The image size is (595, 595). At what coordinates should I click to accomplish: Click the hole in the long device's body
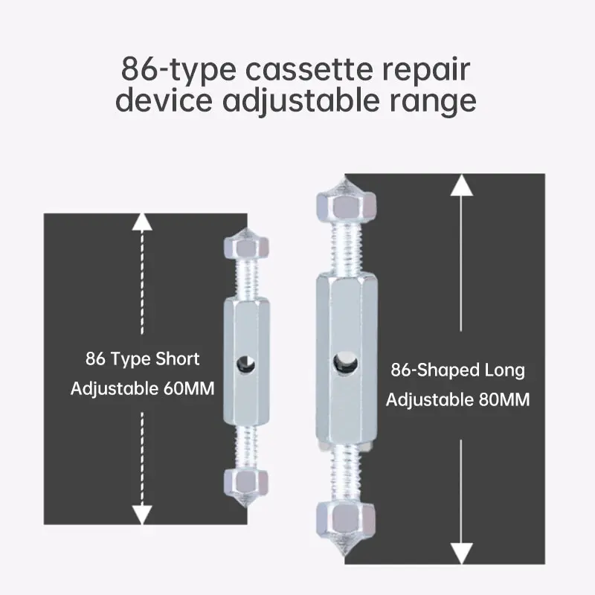click(x=343, y=362)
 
